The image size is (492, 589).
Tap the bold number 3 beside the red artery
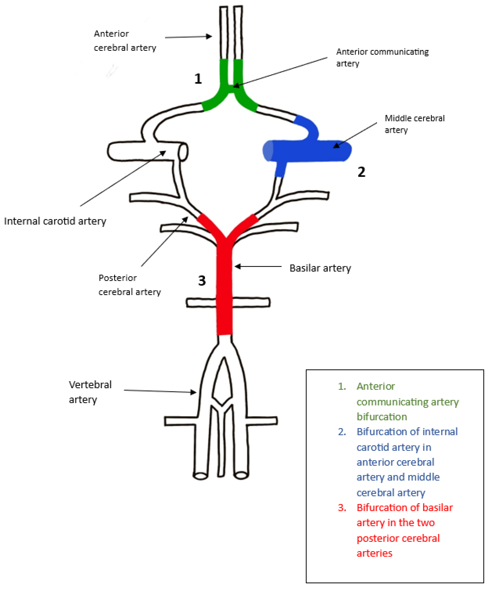[x=202, y=281]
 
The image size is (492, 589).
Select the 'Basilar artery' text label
[x=320, y=268]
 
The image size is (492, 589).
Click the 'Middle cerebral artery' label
[x=414, y=124]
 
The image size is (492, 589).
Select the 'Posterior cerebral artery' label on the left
[x=130, y=285]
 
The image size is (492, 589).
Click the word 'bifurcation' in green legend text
[x=382, y=417]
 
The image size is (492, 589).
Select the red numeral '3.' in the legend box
[x=342, y=508]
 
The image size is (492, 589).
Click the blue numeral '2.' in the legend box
[x=342, y=432]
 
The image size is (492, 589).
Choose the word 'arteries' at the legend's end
[x=374, y=553]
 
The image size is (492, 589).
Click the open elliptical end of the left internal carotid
[x=183, y=152]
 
